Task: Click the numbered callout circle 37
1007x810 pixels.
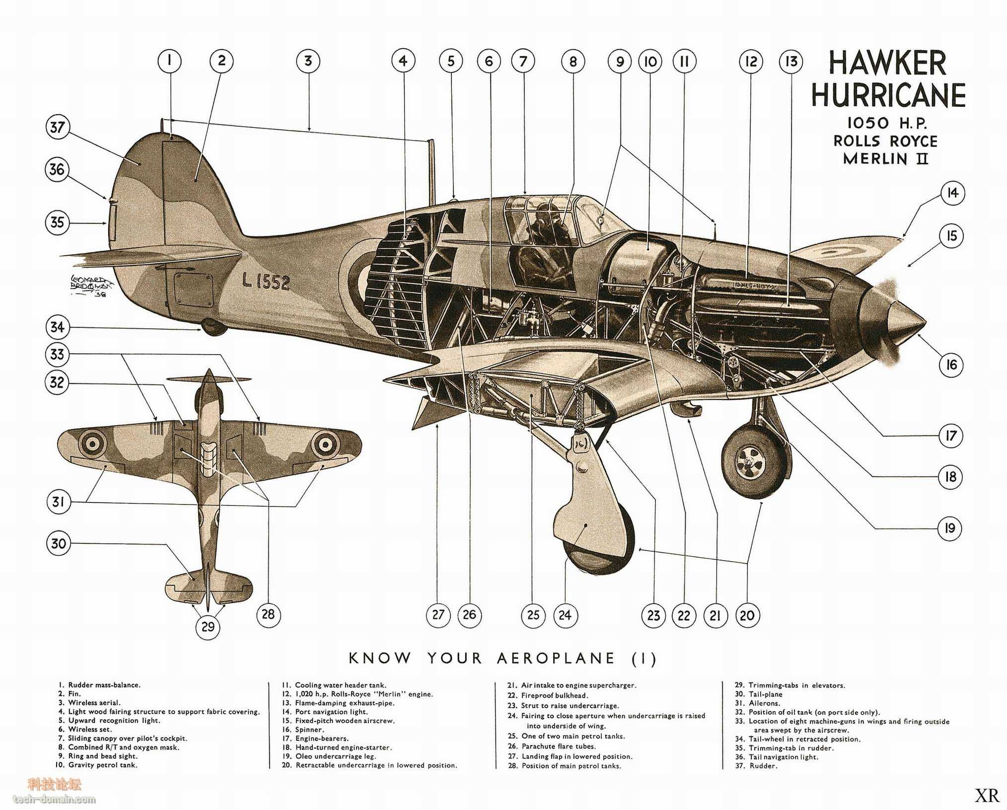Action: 58,127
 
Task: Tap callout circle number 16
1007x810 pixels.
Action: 951,365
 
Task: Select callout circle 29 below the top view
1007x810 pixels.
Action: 208,626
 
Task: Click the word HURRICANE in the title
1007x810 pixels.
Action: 888,95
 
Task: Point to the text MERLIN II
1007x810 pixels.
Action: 885,159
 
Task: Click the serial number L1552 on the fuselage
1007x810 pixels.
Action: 266,282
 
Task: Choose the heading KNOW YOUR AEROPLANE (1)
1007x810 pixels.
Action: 503,659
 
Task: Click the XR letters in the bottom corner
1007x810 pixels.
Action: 987,796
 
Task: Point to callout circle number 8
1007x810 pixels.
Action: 573,61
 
